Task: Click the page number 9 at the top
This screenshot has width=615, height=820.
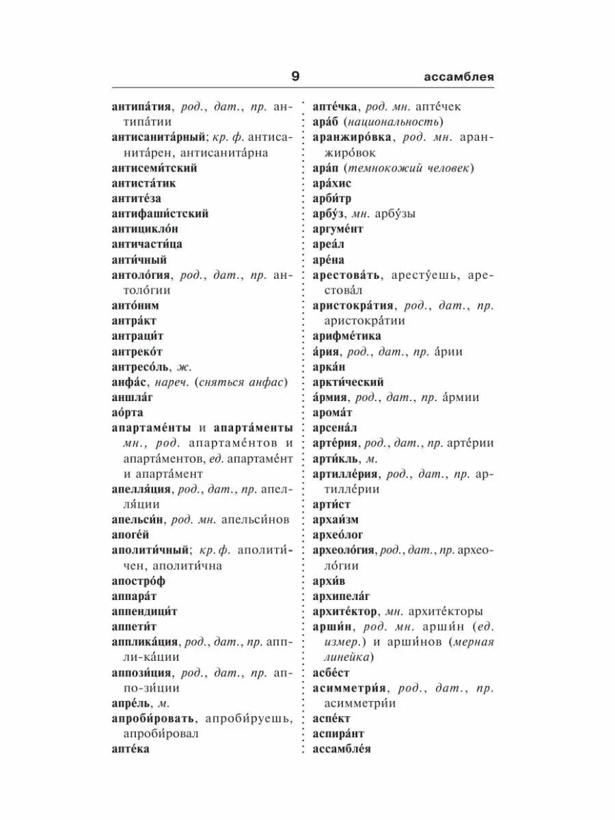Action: (295, 77)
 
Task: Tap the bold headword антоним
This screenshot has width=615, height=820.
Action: (135, 305)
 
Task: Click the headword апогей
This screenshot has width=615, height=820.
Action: (130, 534)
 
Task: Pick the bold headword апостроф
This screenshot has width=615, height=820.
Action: (138, 581)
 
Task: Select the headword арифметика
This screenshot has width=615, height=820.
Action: (346, 336)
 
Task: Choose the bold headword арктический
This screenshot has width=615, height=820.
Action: (348, 382)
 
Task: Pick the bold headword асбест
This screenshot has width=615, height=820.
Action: (330, 672)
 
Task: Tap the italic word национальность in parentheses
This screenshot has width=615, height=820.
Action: (392, 122)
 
